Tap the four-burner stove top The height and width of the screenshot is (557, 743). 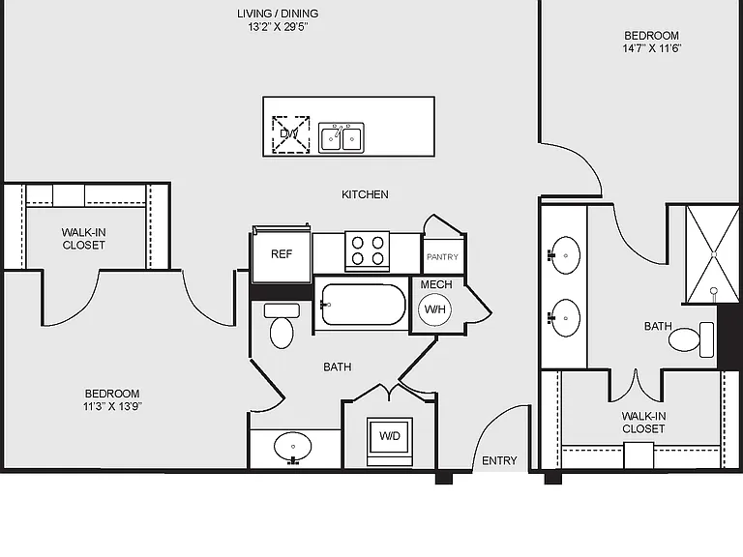tap(368, 251)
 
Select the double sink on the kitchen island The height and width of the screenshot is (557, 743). tap(342, 138)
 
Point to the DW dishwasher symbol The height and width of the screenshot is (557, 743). tap(290, 134)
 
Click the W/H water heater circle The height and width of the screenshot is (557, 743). tap(435, 309)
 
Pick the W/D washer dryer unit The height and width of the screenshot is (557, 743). tap(390, 441)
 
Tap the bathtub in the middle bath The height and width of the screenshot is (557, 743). tap(363, 304)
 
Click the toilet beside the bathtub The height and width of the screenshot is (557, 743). tap(282, 326)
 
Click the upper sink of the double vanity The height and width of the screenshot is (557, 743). tap(565, 255)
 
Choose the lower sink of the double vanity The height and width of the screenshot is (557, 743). tap(565, 318)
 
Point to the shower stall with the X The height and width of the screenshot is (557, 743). tap(712, 254)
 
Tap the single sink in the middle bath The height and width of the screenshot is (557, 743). tap(293, 448)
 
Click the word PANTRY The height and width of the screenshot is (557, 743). tap(442, 256)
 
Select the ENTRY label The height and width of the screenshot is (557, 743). tap(499, 460)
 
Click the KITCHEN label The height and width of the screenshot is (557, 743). tap(365, 194)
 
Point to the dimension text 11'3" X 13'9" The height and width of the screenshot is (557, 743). tap(113, 406)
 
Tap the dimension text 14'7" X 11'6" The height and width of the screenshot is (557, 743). tap(651, 48)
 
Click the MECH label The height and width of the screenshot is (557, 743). tap(436, 284)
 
